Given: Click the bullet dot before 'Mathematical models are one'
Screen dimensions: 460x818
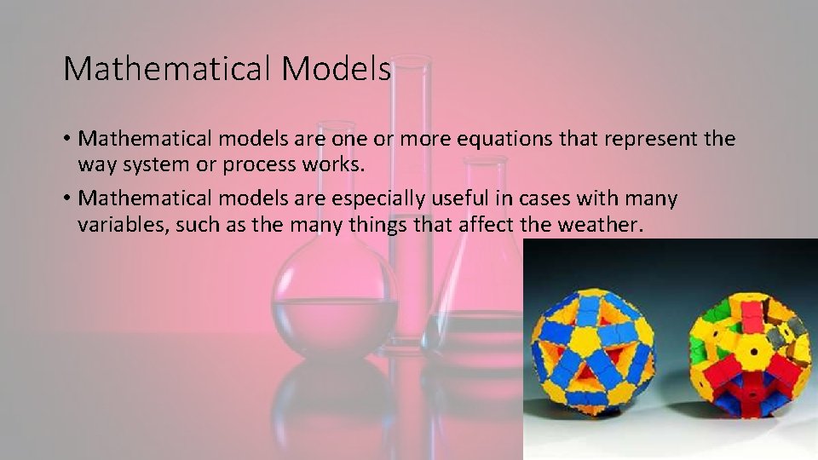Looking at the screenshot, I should coord(66,139).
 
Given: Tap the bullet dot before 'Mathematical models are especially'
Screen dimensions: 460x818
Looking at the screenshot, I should coord(66,199).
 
